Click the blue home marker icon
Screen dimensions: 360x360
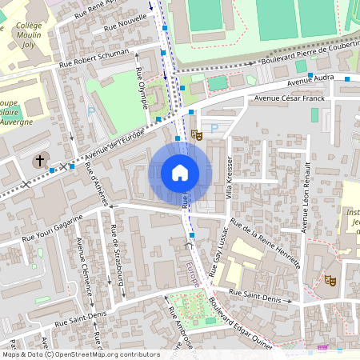[180, 173]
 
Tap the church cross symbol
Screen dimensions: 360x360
[39, 162]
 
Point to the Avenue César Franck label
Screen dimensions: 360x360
[290, 98]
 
